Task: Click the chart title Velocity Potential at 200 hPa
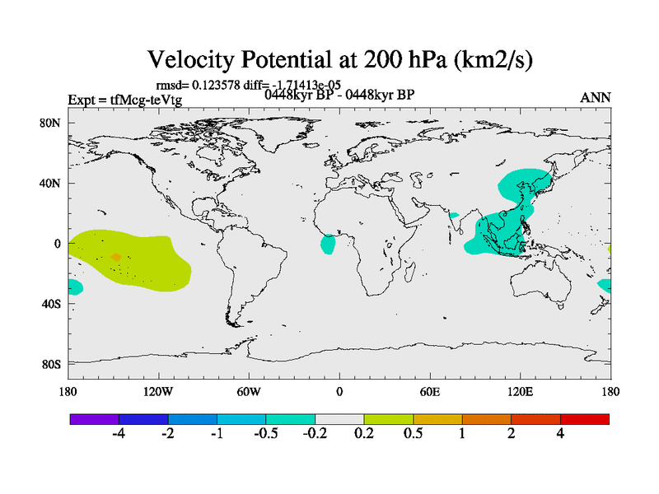pos(347,60)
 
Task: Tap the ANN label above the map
pos(596,97)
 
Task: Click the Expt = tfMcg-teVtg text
pos(124,100)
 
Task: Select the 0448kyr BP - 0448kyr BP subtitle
pos(339,94)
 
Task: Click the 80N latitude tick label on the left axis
pos(50,123)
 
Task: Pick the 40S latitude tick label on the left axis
pos(50,304)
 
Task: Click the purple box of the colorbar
pos(94,419)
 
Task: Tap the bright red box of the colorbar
pos(585,419)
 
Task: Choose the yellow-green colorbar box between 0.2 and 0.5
pos(389,419)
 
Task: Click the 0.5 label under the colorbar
pos(414,435)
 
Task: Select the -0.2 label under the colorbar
pos(314,435)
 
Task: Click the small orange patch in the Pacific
pos(115,258)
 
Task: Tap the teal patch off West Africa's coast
pos(329,244)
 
